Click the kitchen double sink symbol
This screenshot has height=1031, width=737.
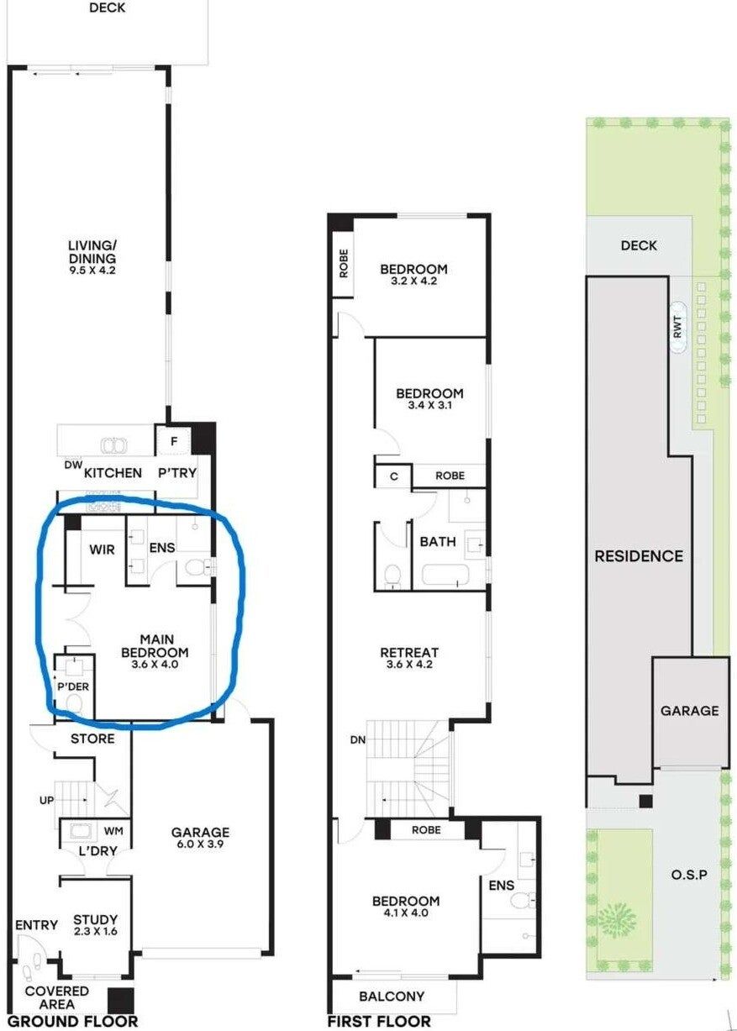(x=114, y=445)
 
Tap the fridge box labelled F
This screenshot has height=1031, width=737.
(x=173, y=441)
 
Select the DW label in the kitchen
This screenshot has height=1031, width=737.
(x=74, y=466)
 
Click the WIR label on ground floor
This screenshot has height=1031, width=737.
(x=103, y=549)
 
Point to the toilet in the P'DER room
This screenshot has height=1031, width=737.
(x=75, y=704)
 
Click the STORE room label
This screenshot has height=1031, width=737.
(x=92, y=739)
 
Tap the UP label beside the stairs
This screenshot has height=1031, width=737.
(x=46, y=801)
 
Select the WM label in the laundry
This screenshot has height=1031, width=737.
(x=113, y=831)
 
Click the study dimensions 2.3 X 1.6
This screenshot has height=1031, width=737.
(x=95, y=931)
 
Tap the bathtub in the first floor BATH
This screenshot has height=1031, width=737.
(x=445, y=575)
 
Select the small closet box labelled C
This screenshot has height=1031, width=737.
(x=393, y=476)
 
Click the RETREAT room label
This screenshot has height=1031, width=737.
(x=409, y=652)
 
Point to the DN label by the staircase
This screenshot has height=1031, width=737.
(x=358, y=740)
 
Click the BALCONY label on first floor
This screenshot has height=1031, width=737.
(x=392, y=997)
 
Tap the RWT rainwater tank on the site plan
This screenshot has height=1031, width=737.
(x=677, y=327)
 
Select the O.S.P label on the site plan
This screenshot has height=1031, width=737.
(x=689, y=875)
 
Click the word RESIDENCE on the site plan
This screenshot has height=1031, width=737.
(x=639, y=556)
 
